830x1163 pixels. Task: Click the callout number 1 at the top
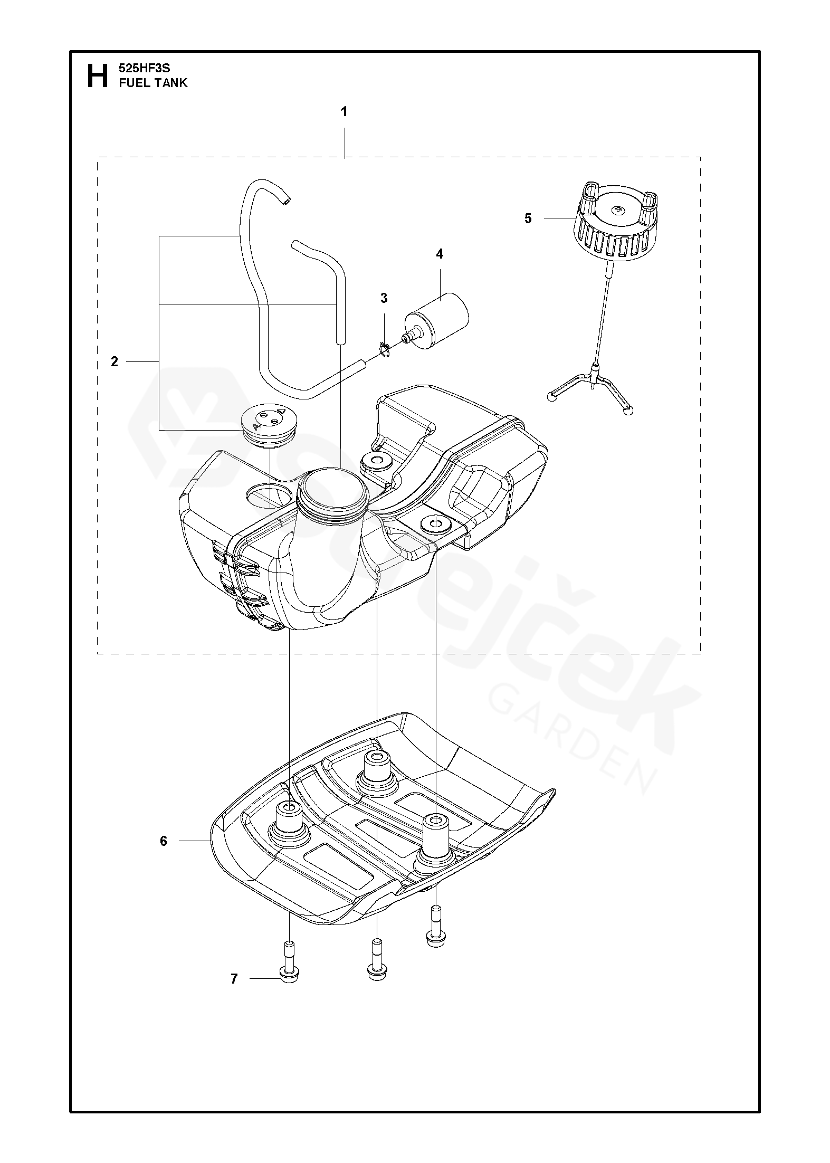344,112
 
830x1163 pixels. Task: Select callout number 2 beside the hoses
115,361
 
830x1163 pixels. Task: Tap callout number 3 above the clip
384,298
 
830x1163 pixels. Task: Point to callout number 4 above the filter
440,254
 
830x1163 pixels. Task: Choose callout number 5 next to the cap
528,218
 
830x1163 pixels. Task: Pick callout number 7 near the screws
234,979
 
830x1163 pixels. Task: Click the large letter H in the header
97,75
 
